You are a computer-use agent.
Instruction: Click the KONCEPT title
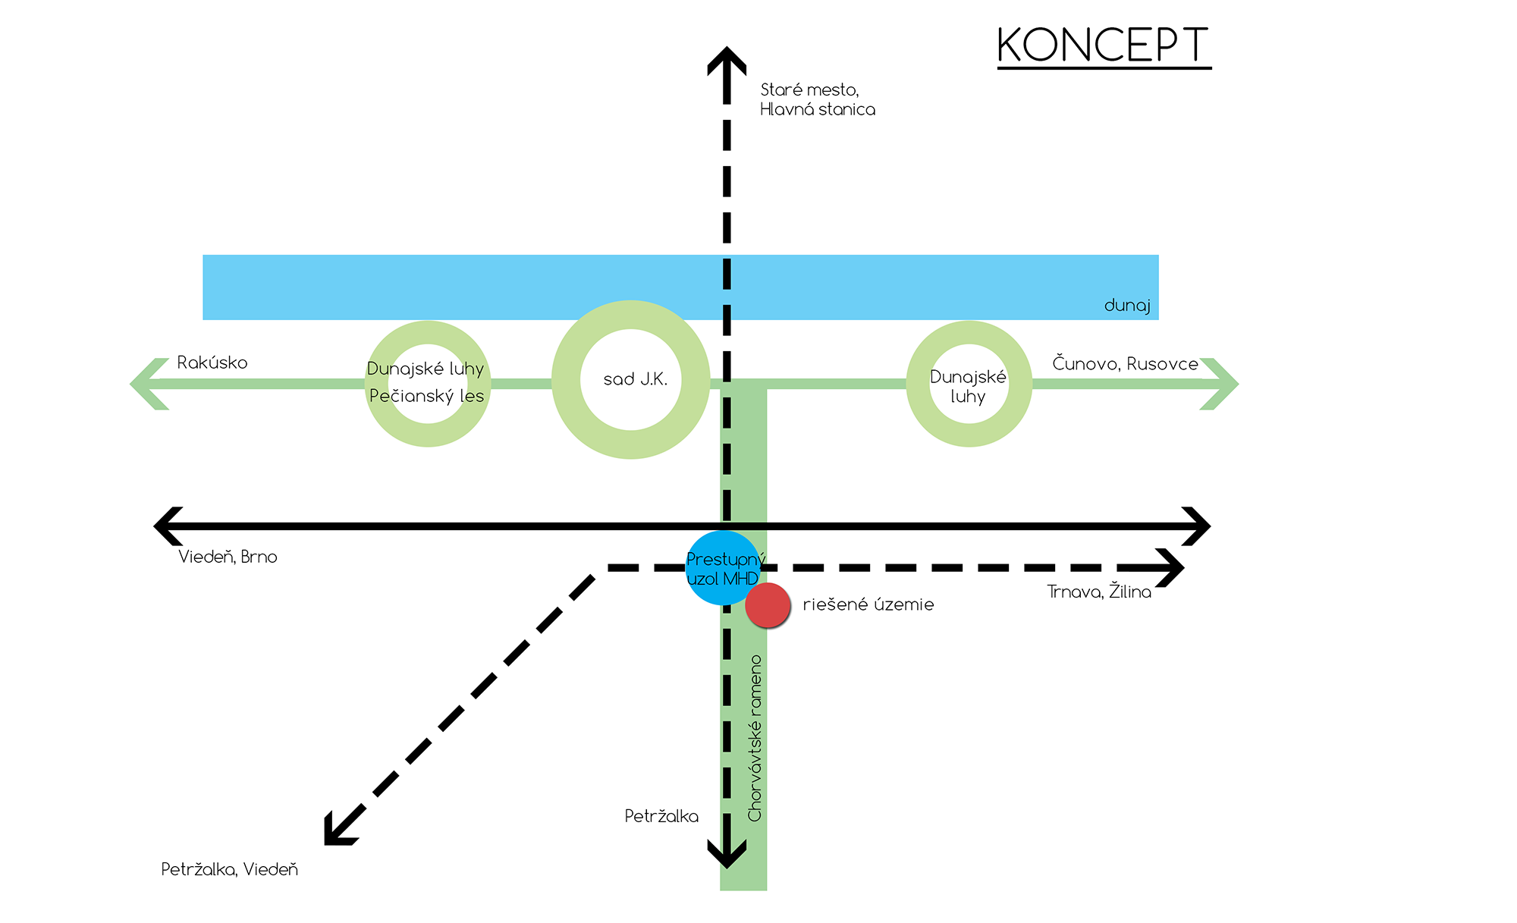pyautogui.click(x=1103, y=46)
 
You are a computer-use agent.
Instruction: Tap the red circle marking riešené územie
pyautogui.click(x=768, y=605)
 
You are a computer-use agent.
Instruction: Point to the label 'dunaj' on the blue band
pyautogui.click(x=1127, y=306)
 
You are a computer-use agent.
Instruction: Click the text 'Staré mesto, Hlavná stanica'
pyautogui.click(x=817, y=99)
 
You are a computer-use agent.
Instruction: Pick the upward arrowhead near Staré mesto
pyautogui.click(x=727, y=59)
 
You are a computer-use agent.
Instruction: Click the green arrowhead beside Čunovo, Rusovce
pyautogui.click(x=1220, y=384)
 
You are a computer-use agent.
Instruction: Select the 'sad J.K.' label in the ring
pyautogui.click(x=635, y=379)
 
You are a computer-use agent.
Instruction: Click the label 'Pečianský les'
pyautogui.click(x=426, y=396)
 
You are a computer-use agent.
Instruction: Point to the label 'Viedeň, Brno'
pyautogui.click(x=228, y=557)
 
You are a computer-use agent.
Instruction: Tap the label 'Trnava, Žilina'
pyautogui.click(x=1099, y=592)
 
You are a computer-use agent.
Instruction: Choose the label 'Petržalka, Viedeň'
pyautogui.click(x=229, y=870)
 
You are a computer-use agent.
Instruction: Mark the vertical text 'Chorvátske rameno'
pyautogui.click(x=755, y=738)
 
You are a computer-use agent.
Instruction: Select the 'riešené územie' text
pyautogui.click(x=868, y=605)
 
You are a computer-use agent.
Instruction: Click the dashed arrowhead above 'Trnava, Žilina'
pyautogui.click(x=1171, y=568)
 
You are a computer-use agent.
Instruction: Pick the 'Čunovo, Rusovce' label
pyautogui.click(x=1125, y=364)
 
